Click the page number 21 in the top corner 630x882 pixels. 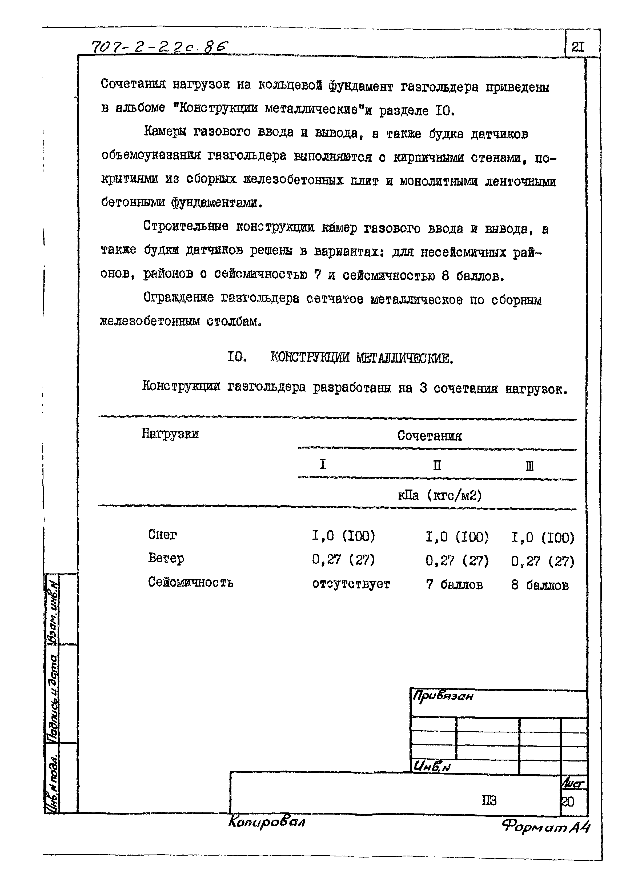pyautogui.click(x=578, y=47)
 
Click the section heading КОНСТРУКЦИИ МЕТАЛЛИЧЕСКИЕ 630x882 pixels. pyautogui.click(x=361, y=358)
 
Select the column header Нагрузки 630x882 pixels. pyautogui.click(x=170, y=433)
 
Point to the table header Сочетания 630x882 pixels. pyautogui.click(x=430, y=436)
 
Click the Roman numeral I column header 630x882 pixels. pyautogui.click(x=323, y=464)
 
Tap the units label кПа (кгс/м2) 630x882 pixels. pyautogui.click(x=440, y=495)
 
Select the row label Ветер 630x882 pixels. pyautogui.click(x=166, y=559)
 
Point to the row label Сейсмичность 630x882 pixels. pyautogui.click(x=190, y=582)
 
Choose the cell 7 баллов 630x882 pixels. pyautogui.click(x=454, y=584)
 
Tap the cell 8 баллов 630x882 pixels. pyautogui.click(x=540, y=585)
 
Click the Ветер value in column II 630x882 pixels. pyautogui.click(x=457, y=560)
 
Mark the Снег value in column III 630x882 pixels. pyautogui.click(x=542, y=538)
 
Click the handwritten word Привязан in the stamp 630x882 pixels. pyautogui.click(x=443, y=696)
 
